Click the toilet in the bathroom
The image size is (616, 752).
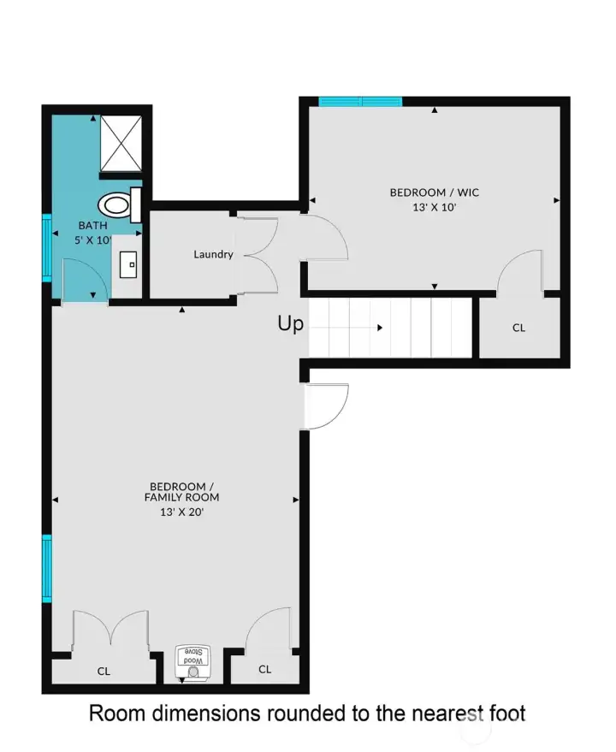click(119, 204)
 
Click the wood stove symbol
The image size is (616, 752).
click(192, 664)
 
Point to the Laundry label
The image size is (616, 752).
click(213, 254)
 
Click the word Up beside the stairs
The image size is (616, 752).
click(291, 324)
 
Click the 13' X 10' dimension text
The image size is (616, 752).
click(435, 206)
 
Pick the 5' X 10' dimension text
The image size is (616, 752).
click(93, 240)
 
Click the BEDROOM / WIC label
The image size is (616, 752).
click(435, 192)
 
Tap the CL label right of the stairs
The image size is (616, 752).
click(518, 328)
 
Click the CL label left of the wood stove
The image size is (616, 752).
click(104, 672)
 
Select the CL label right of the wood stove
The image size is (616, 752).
click(264, 669)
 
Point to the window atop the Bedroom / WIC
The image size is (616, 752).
click(360, 102)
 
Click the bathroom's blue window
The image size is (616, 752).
click(47, 248)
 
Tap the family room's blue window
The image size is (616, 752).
click(47, 568)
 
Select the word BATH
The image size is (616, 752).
click(92, 226)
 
